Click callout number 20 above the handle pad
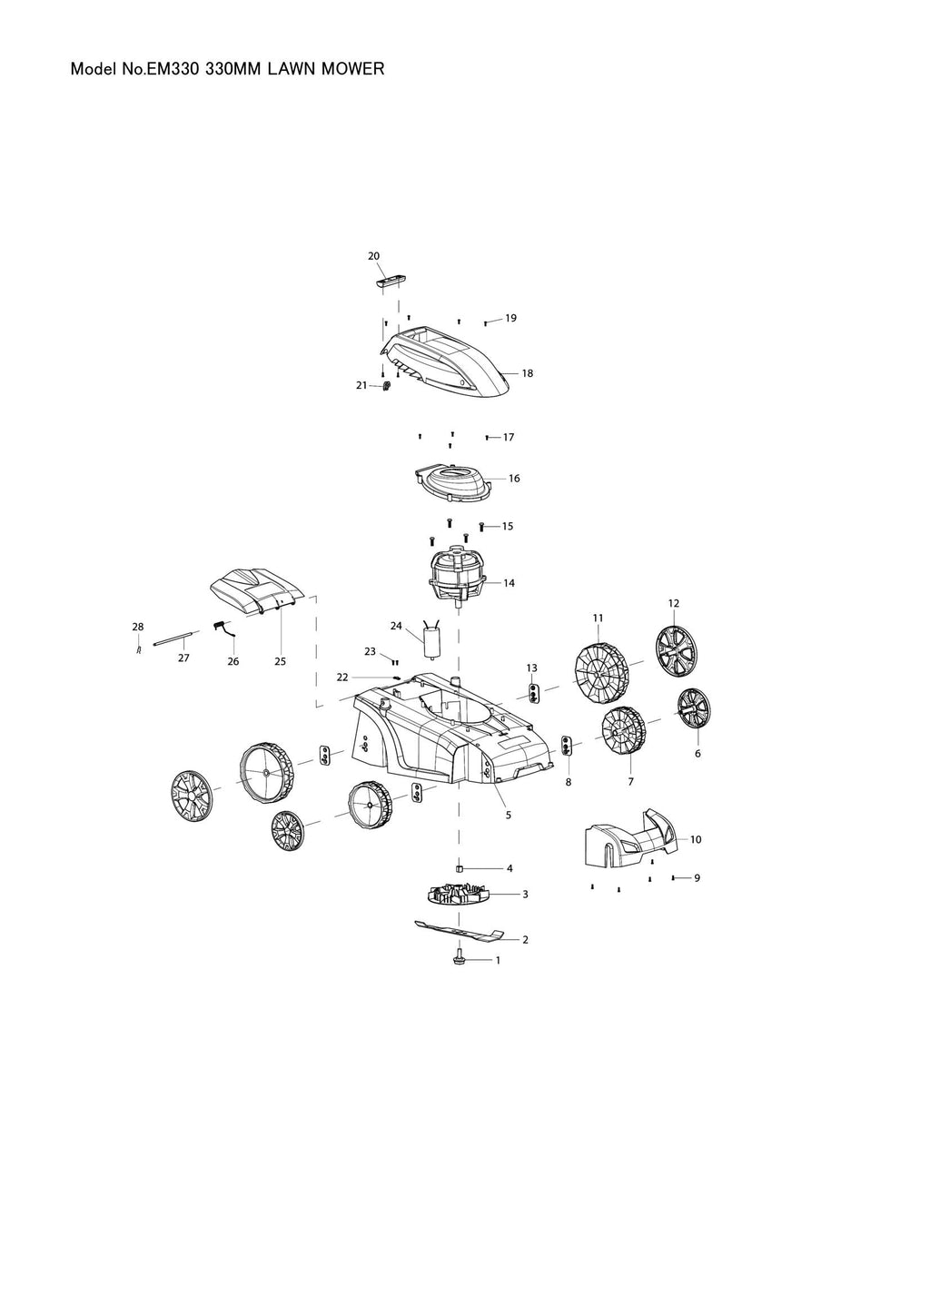pyautogui.click(x=373, y=255)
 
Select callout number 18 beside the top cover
pyautogui.click(x=527, y=373)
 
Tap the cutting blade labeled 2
pyautogui.click(x=459, y=931)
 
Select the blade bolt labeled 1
pyautogui.click(x=460, y=958)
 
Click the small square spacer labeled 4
pyautogui.click(x=460, y=867)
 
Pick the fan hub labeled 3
pyautogui.click(x=457, y=895)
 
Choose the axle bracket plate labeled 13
pyautogui.click(x=533, y=692)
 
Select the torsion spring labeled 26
pyautogui.click(x=223, y=628)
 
